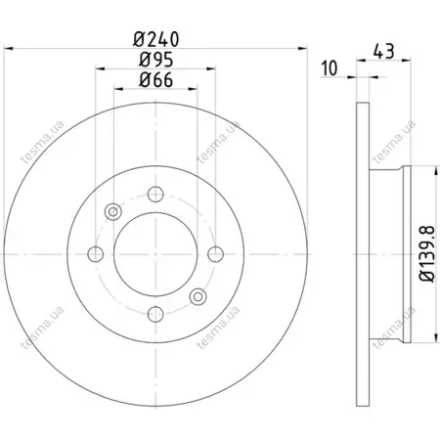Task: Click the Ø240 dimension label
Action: pyautogui.click(x=155, y=39)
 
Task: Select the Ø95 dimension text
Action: pyautogui.click(x=155, y=60)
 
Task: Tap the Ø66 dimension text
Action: pyautogui.click(x=155, y=80)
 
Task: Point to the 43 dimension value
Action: pyautogui.click(x=383, y=51)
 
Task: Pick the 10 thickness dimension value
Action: pyautogui.click(x=330, y=68)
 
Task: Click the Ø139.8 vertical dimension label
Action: pyautogui.click(x=427, y=253)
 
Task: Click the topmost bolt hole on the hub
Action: pyautogui.click(x=155, y=195)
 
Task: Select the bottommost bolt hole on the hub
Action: pyautogui.click(x=155, y=314)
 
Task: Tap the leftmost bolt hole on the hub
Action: pyautogui.click(x=96, y=254)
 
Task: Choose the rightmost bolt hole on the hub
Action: pyautogui.click(x=215, y=254)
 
